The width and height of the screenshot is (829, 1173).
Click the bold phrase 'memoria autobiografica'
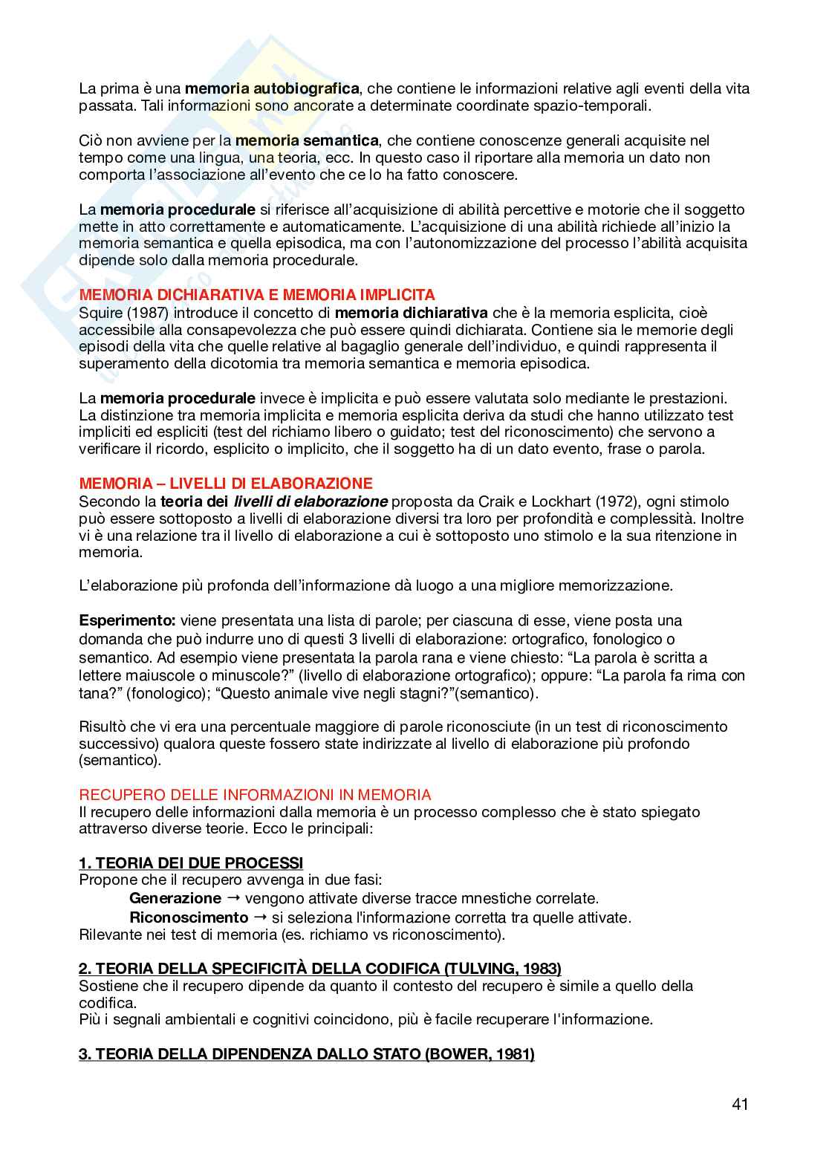(x=272, y=89)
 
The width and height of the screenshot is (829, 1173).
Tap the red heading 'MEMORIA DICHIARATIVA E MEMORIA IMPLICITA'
(x=257, y=295)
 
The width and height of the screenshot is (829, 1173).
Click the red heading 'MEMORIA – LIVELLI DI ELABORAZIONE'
(x=226, y=484)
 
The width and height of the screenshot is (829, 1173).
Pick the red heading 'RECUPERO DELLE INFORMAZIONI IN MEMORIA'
(x=255, y=795)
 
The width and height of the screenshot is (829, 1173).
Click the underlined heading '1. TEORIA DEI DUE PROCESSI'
(x=191, y=863)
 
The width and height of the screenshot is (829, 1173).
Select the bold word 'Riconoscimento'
(x=189, y=917)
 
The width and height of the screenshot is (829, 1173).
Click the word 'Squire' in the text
(x=102, y=313)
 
